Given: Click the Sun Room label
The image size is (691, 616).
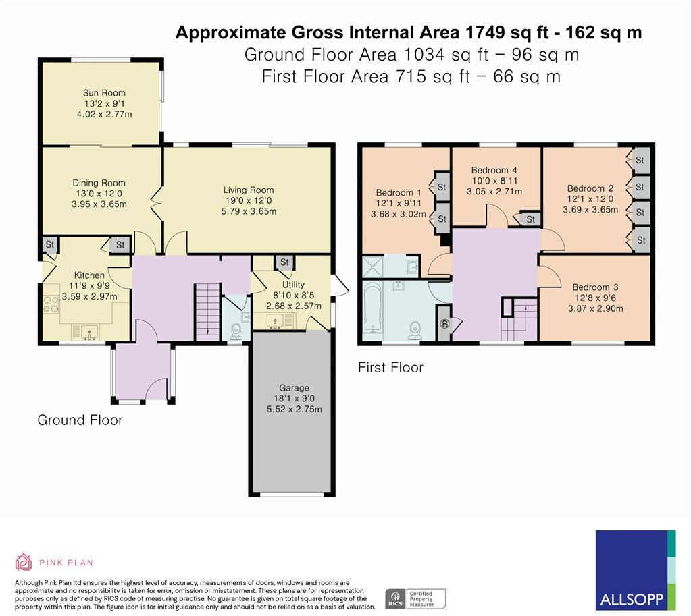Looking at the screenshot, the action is coord(104,93).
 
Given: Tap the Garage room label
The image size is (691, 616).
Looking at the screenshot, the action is coord(294,388).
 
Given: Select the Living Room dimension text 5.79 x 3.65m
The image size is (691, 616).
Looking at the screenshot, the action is coord(249,211).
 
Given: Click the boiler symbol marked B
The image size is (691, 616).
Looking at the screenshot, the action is coord(444,325).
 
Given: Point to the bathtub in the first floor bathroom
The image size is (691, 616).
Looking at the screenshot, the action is coord(373,308).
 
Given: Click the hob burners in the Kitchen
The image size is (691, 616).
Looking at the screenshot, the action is coord(51,304).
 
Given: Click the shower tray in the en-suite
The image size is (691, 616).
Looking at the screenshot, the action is coord(372,267).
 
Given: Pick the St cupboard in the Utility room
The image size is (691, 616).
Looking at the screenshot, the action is coord(284,262).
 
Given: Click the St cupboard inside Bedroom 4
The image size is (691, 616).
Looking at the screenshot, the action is coord(531,219).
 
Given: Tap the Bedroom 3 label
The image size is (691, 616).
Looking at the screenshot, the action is coord(595,287).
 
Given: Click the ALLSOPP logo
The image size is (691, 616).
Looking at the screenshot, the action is coord(635,569).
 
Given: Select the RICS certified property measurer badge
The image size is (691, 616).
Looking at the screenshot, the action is coord(415,599).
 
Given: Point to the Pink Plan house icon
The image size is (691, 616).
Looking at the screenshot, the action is coord(24,562).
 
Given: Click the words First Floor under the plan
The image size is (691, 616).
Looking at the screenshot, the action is coord(390,368).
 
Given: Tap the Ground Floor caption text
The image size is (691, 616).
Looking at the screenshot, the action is coord(80,420).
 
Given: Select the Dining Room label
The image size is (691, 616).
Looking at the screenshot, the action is coord(99,183).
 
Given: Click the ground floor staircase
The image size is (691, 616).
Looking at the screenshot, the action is coord(207,311).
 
